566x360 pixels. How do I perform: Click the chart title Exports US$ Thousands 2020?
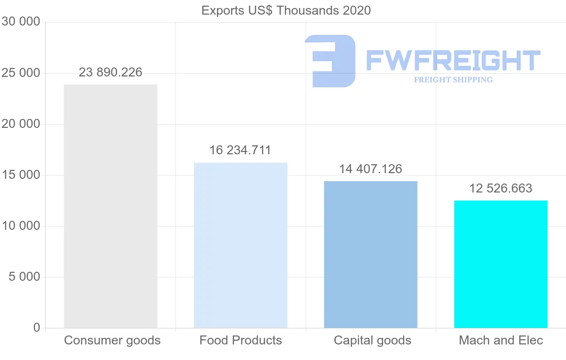point(286,10)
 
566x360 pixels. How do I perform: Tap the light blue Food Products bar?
point(241,245)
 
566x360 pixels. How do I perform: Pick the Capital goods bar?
point(371,255)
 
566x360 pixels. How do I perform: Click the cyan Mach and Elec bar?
point(500,264)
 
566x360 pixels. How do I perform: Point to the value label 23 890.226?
point(110,72)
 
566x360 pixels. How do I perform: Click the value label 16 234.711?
point(241,151)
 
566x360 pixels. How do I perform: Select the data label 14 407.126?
point(371,169)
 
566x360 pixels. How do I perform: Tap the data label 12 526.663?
point(500,188)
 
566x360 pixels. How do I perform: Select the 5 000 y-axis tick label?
point(24,277)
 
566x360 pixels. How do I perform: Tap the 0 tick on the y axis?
point(37,327)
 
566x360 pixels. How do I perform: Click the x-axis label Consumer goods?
point(112,340)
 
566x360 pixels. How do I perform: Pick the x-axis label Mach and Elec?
point(501,340)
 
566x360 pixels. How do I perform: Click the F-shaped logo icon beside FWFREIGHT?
point(330,61)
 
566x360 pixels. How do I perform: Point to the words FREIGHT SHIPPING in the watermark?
point(453,80)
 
